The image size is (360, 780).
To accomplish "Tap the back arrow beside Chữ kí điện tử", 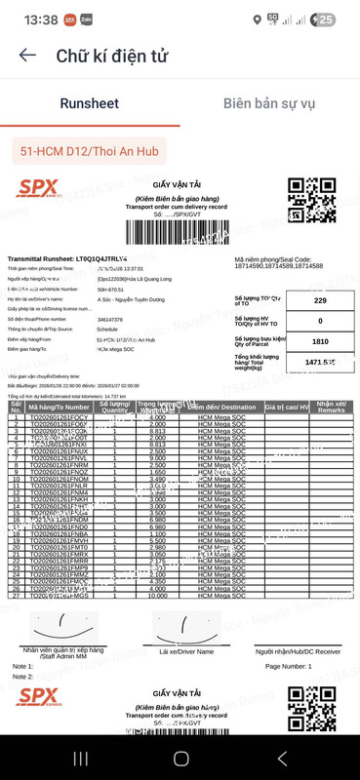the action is (x=27, y=57).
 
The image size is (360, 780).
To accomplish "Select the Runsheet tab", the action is (x=89, y=103).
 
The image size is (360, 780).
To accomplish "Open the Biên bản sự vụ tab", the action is (x=269, y=103).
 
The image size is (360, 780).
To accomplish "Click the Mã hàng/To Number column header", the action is (x=65, y=406).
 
